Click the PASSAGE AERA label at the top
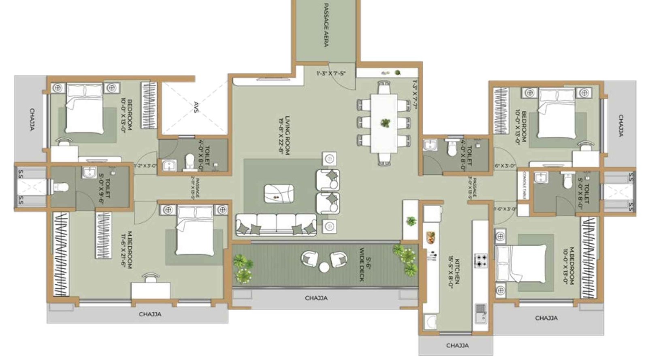pyautogui.click(x=326, y=25)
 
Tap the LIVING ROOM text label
pyautogui.click(x=285, y=135)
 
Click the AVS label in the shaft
pyautogui.click(x=196, y=107)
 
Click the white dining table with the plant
pyautogui.click(x=384, y=123)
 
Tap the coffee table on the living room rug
pyautogui.click(x=279, y=194)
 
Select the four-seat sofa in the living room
pyautogui.click(x=276, y=225)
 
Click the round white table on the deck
pyautogui.click(x=324, y=267)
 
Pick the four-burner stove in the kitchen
pyautogui.click(x=481, y=260)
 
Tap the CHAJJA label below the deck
pyautogui.click(x=316, y=298)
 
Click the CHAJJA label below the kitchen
pyautogui.click(x=457, y=345)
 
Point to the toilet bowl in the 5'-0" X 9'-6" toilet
pyautogui.click(x=61, y=187)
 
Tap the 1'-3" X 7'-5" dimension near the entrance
pyautogui.click(x=330, y=73)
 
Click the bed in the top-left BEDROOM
pyautogui.click(x=84, y=108)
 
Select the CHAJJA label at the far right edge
pyautogui.click(x=620, y=126)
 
